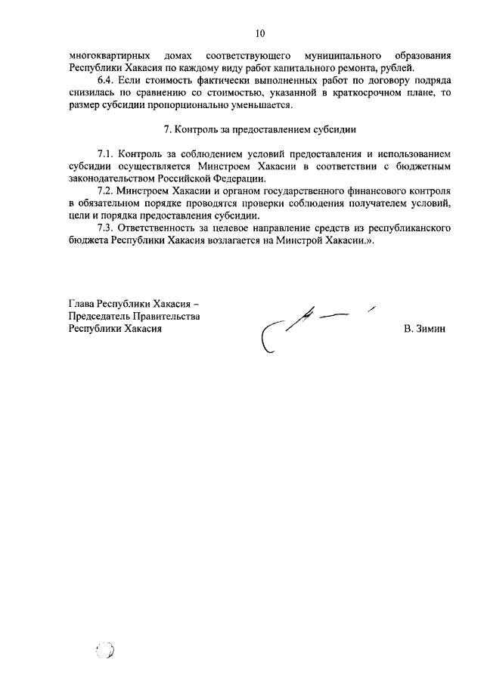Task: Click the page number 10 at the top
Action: [259, 33]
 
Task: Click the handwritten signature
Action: [310, 325]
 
